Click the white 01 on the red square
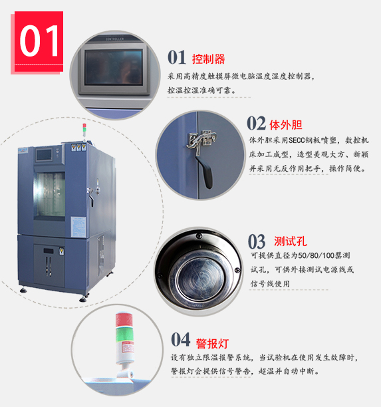39,41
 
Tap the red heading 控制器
208,59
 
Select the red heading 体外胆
286,125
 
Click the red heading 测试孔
291,241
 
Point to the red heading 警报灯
212,344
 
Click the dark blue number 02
256,123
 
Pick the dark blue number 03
257,241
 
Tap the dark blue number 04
181,339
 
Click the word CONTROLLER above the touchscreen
115,39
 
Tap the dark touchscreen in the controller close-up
114,67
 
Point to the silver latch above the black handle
201,141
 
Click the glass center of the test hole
200,278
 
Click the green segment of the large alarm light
124,335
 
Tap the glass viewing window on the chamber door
50,194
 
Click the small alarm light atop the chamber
84,131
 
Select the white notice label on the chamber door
78,227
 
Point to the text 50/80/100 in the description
316,255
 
